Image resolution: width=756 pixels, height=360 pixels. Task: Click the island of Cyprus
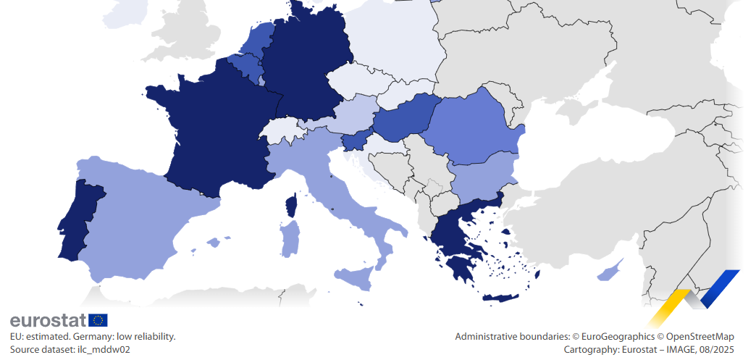click(608, 272)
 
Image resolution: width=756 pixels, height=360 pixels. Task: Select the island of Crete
click(500, 298)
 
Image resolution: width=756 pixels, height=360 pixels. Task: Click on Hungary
click(406, 116)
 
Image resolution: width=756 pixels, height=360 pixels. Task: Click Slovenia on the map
click(355, 141)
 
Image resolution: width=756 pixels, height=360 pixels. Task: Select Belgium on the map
click(246, 67)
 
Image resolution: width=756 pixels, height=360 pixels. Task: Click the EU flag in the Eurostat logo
click(98, 320)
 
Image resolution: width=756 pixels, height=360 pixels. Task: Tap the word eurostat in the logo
click(48, 320)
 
